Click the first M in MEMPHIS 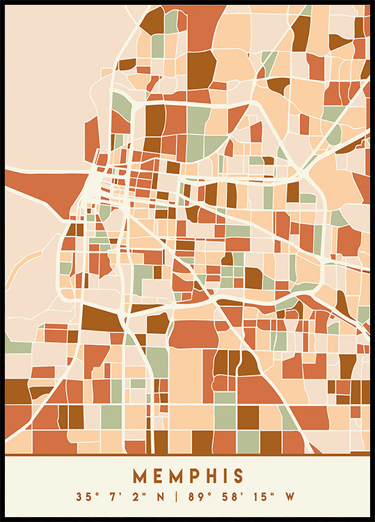[x=140, y=476]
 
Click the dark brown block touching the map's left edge [x=17, y=392]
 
